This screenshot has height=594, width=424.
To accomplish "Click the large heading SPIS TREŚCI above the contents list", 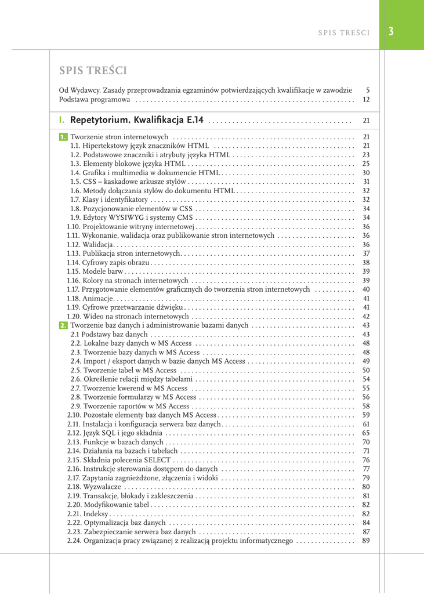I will [93, 71].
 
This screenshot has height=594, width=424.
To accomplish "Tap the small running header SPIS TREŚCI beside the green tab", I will [344, 32].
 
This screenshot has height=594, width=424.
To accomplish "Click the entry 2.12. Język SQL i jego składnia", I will [114, 433].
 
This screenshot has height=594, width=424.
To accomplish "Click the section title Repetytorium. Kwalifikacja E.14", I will [137, 121].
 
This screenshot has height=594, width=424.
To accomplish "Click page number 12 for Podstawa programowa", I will [366, 100].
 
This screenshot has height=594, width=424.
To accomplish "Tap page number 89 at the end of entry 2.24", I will [366, 541].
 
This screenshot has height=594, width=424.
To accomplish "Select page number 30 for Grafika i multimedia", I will [366, 173].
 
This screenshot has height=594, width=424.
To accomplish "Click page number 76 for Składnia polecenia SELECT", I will [366, 460].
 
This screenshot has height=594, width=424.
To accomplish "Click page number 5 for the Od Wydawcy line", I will [368, 90].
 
